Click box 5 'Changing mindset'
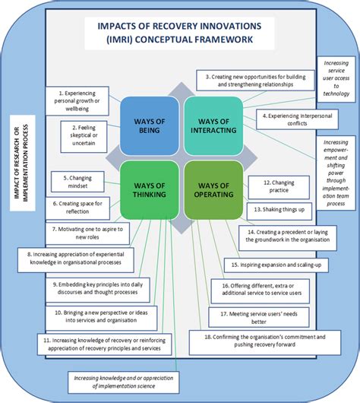tap(81, 182)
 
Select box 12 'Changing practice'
tap(280, 187)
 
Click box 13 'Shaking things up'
tap(280, 209)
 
